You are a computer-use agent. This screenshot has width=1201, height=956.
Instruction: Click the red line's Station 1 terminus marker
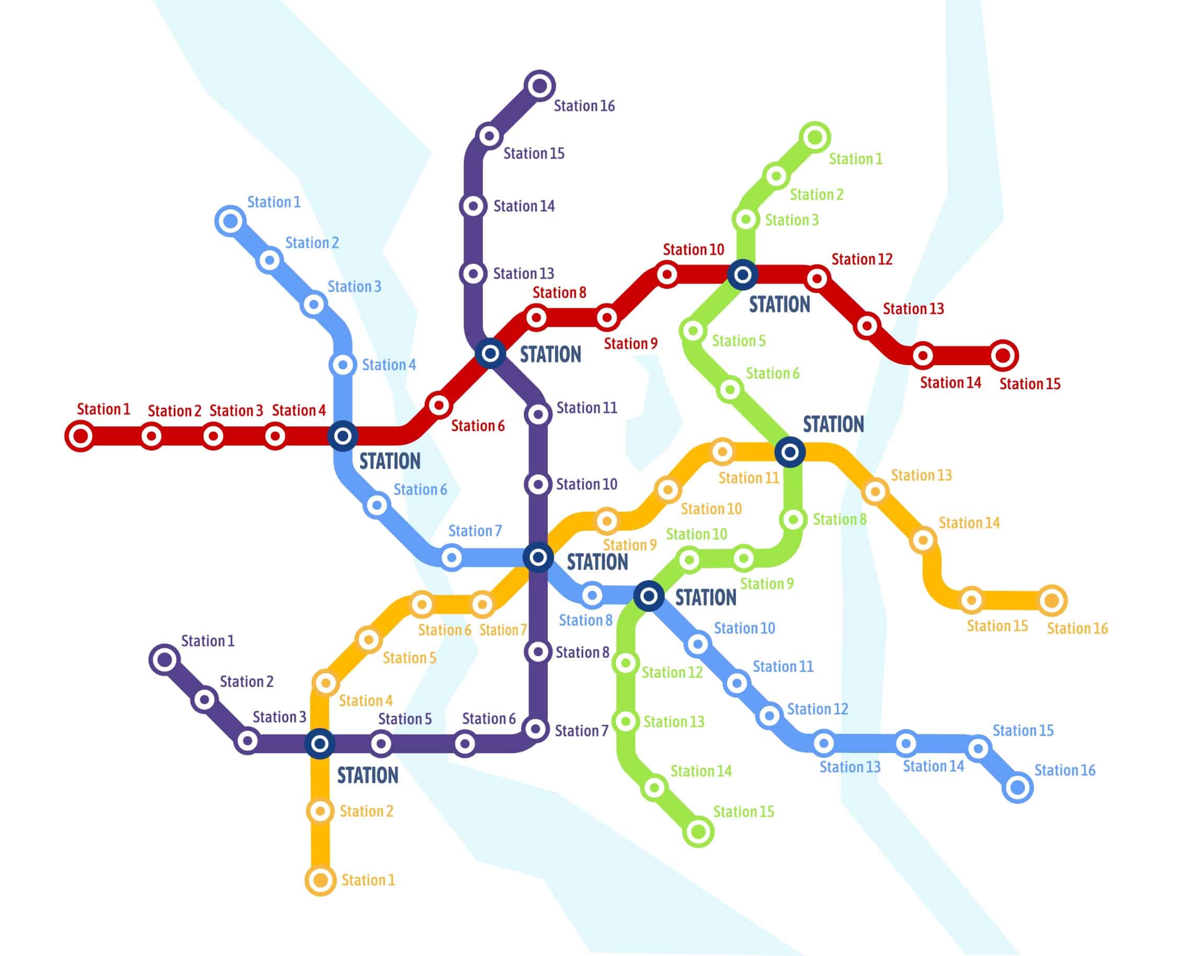(81, 436)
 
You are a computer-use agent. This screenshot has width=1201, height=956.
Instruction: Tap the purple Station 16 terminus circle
(540, 86)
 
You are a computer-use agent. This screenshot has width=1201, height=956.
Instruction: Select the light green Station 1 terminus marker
(815, 137)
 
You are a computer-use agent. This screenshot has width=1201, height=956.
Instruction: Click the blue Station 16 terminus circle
(1018, 787)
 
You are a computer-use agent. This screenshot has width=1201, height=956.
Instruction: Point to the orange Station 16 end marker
(1052, 601)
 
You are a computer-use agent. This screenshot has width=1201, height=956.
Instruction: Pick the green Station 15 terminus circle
(698, 832)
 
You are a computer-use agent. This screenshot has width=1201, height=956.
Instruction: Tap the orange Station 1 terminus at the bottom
(320, 880)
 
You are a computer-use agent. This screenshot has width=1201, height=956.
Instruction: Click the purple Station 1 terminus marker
(164, 660)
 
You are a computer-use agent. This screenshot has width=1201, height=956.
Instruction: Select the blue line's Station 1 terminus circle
(230, 221)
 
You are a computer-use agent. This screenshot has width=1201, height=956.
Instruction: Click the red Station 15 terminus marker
(1003, 355)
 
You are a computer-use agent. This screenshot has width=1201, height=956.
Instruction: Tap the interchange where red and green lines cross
(743, 274)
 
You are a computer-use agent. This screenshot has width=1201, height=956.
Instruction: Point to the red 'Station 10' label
(693, 250)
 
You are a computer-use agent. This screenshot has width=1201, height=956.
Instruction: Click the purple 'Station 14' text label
(524, 206)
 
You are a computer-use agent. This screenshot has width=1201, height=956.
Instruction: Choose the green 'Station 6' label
(772, 373)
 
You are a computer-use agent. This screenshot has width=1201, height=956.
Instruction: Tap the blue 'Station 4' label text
(389, 365)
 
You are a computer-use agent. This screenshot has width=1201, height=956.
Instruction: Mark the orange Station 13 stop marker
(875, 491)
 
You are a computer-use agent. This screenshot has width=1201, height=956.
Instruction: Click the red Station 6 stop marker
(438, 405)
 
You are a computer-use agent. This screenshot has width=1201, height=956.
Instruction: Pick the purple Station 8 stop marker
(538, 651)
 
